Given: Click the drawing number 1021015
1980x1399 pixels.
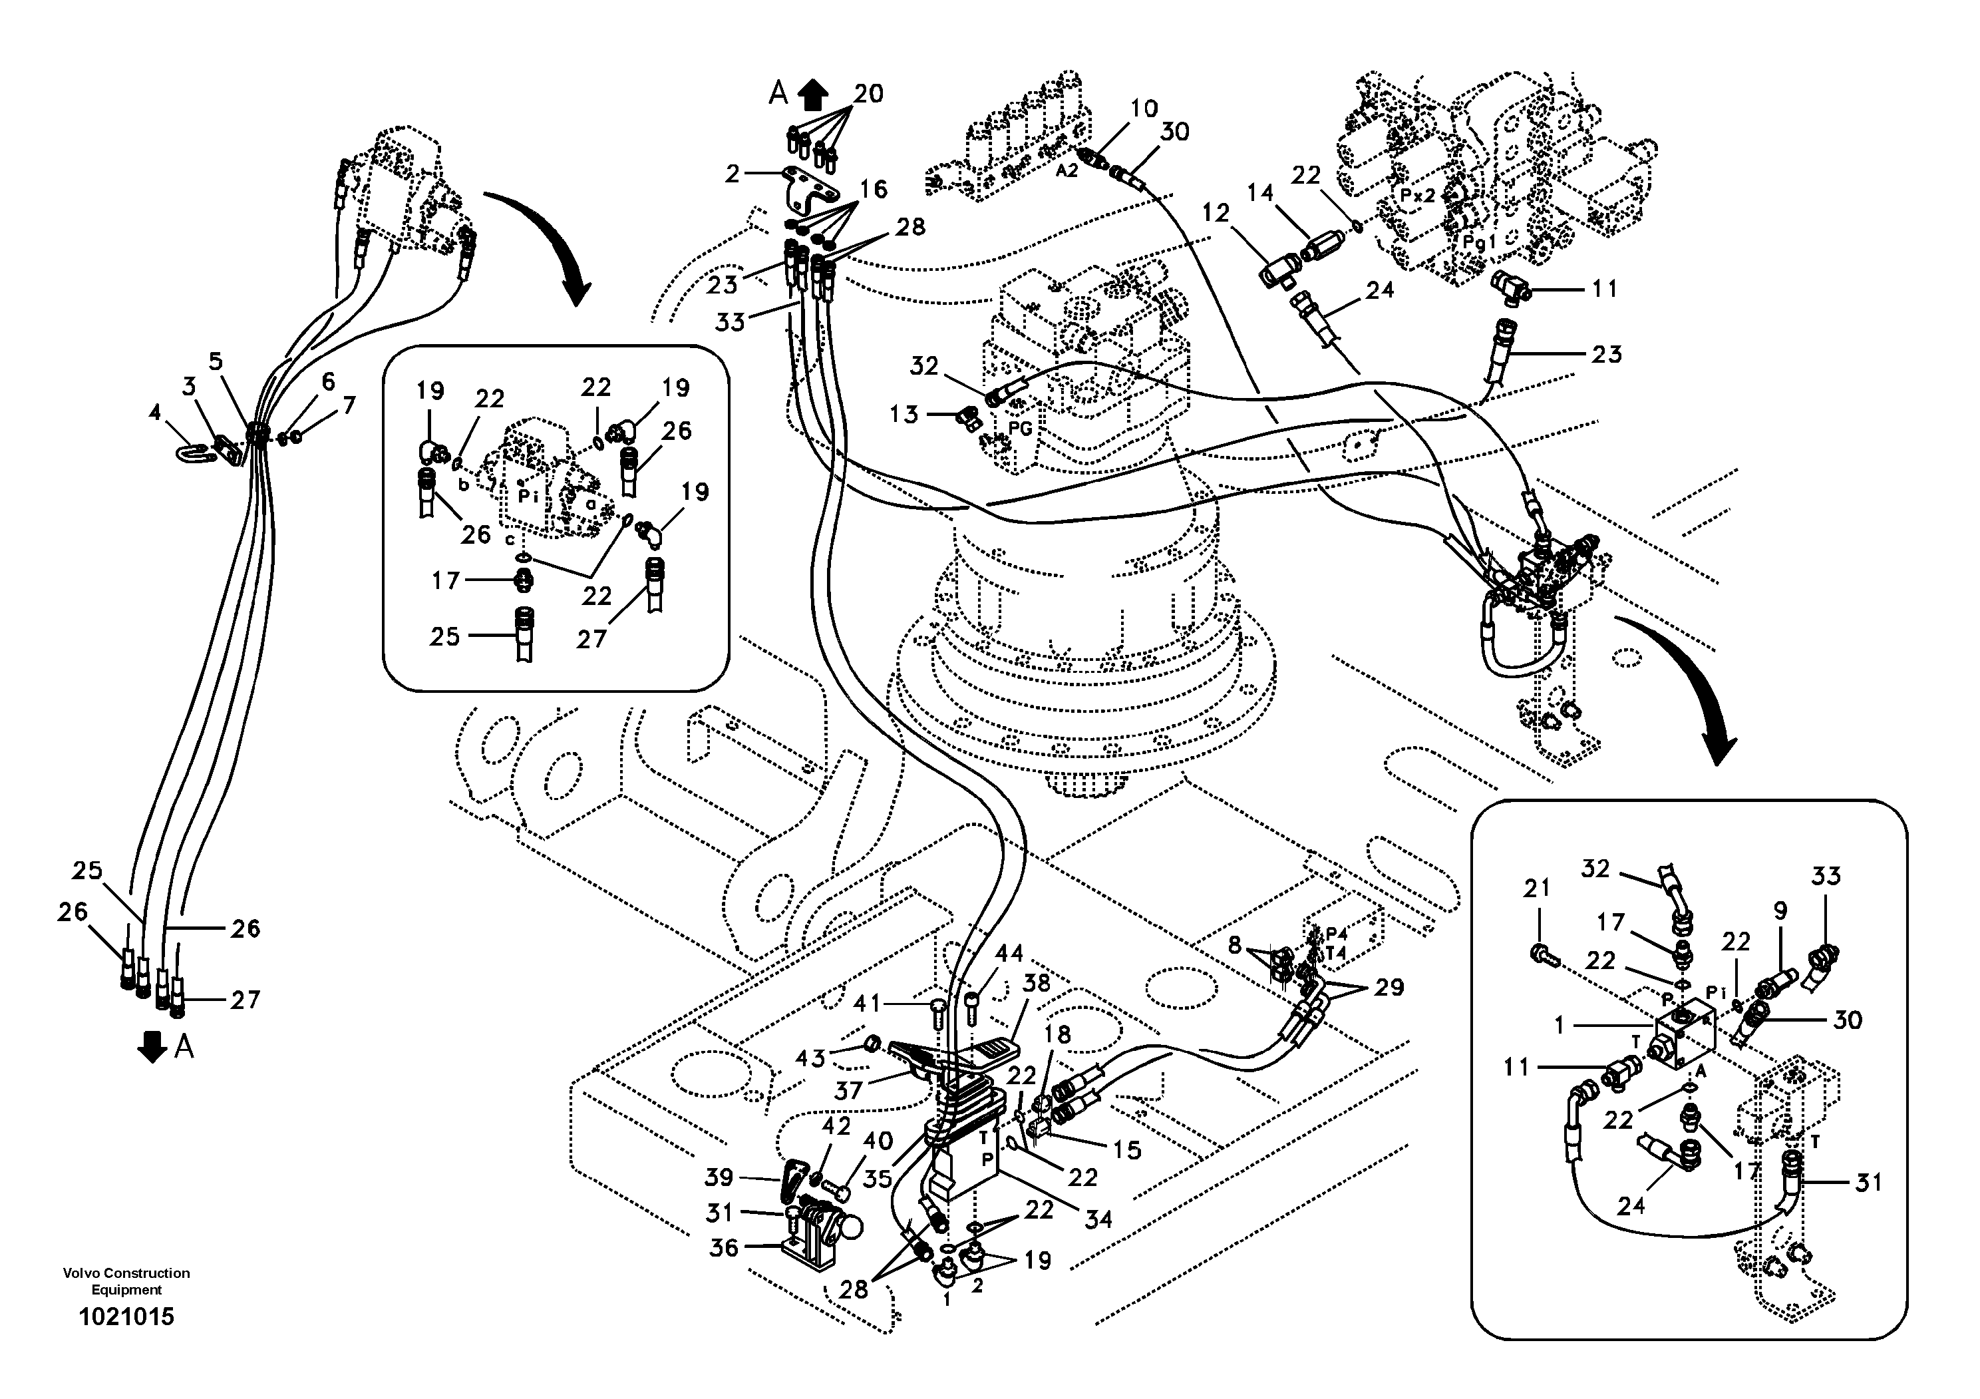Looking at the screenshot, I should pyautogui.click(x=126, y=1317).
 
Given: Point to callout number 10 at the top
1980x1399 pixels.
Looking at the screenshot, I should pyautogui.click(x=1144, y=108).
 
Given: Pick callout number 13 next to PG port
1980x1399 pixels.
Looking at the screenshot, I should pyautogui.click(x=904, y=415).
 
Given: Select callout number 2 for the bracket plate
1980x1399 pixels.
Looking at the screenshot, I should pyautogui.click(x=732, y=174).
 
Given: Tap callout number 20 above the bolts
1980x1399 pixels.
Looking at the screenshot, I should pyautogui.click(x=868, y=93).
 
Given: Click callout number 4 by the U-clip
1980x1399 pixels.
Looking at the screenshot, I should pyautogui.click(x=154, y=413).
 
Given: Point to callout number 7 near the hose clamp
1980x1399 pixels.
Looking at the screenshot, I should pyautogui.click(x=349, y=405).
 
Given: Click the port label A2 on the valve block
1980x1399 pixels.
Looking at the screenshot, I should pyautogui.click(x=1067, y=171).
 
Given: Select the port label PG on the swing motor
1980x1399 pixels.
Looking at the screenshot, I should pyautogui.click(x=1020, y=429).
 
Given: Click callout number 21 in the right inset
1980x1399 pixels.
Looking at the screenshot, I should pyautogui.click(x=1537, y=888).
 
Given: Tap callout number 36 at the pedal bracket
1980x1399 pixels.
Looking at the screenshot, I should pyautogui.click(x=723, y=1248).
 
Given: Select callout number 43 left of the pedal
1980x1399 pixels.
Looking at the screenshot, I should pyautogui.click(x=810, y=1058).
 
